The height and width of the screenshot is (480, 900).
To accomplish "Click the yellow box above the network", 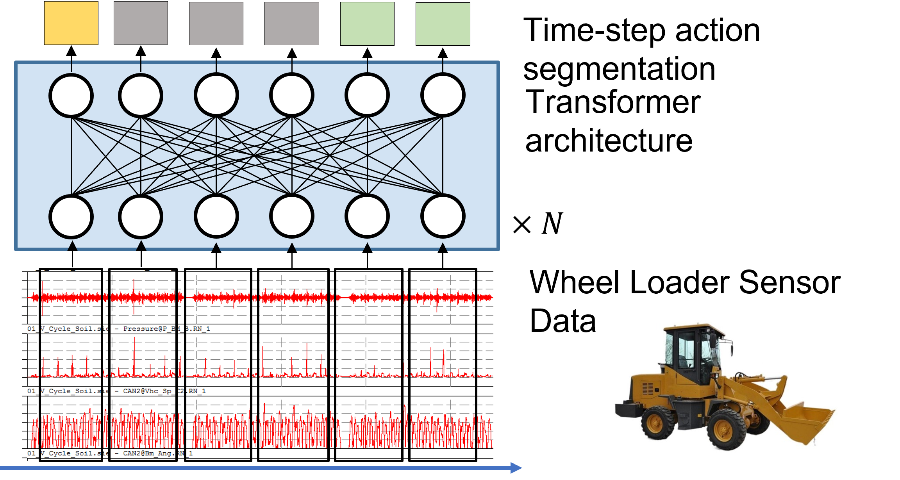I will [x=71, y=23].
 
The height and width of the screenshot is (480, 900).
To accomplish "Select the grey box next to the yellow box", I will [x=141, y=23].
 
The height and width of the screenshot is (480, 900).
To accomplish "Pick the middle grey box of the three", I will [x=216, y=23].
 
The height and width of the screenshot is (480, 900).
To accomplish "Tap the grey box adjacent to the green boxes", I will [x=291, y=23].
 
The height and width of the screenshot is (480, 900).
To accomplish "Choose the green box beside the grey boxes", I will [x=367, y=24].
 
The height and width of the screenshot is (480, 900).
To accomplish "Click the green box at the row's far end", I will [x=443, y=24].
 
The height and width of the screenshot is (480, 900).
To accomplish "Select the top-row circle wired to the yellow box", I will [x=71, y=95].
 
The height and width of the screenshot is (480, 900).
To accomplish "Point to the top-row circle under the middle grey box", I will [x=216, y=95].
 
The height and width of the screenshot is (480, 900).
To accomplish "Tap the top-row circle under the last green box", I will [x=443, y=95].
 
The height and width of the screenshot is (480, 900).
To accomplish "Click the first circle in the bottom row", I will [x=71, y=217].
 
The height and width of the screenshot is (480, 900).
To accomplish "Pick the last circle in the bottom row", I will [x=443, y=216].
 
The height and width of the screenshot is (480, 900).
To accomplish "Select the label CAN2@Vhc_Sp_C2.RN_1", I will [x=164, y=391].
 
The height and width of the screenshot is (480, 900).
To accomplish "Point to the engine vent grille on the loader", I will [x=647, y=389].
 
